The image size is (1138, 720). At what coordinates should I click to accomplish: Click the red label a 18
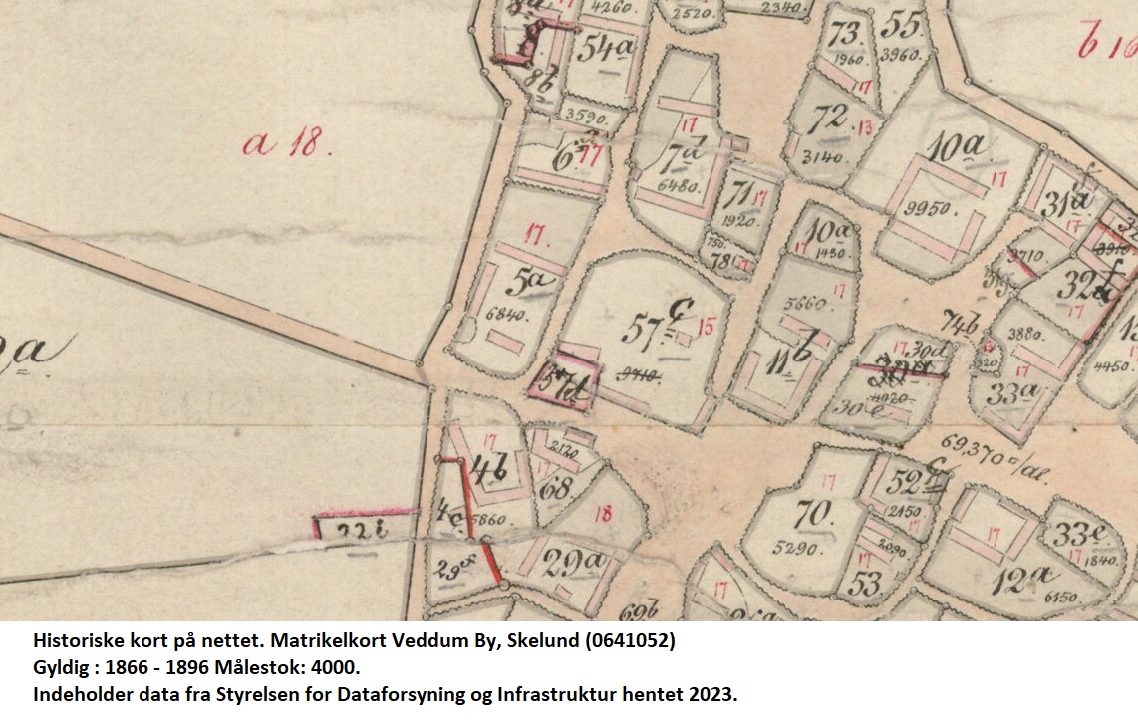(286, 144)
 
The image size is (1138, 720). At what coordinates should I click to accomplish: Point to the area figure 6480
(682, 185)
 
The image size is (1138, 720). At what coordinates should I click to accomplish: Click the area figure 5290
(798, 548)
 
